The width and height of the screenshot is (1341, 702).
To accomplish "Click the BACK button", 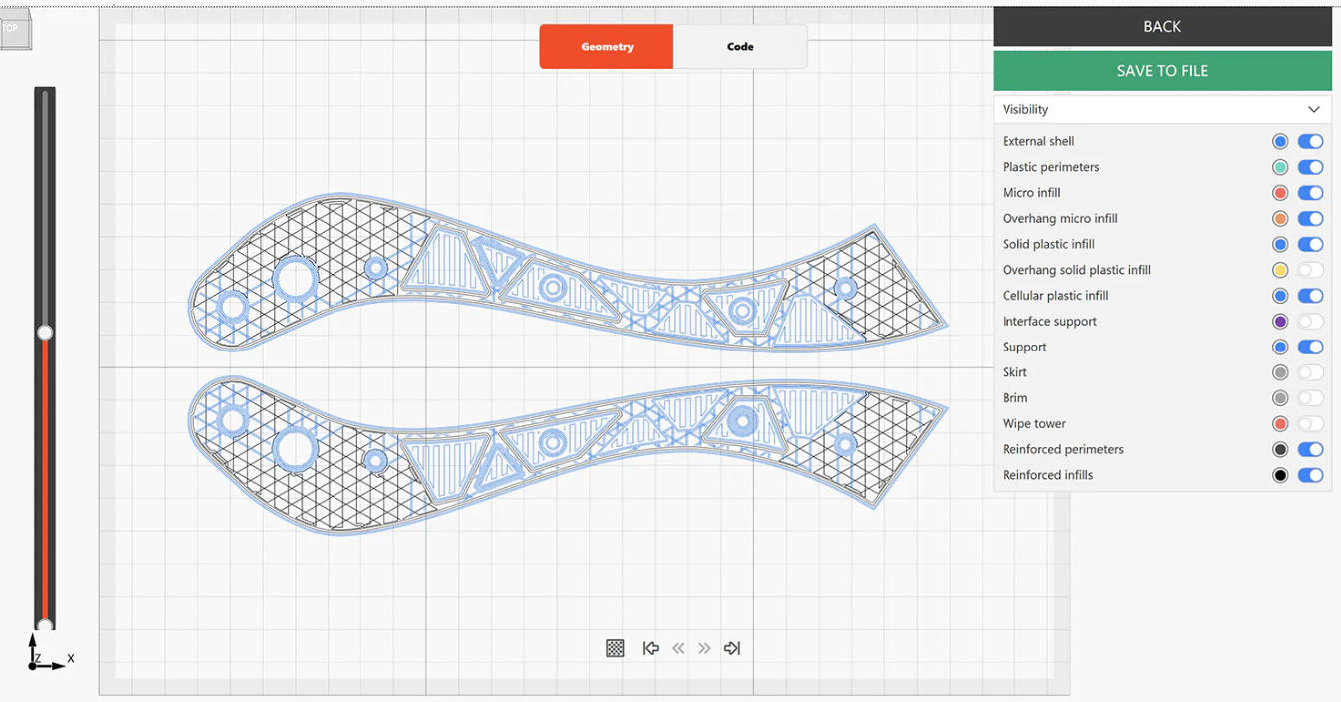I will tap(1161, 27).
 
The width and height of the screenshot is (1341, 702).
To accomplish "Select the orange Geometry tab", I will tap(607, 47).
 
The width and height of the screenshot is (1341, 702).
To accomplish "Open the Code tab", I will tap(740, 47).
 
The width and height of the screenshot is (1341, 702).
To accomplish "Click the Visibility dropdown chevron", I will tap(1313, 109).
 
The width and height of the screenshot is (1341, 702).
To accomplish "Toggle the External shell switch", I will tap(1310, 142).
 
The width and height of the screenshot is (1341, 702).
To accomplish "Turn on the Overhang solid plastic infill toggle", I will tap(1310, 270).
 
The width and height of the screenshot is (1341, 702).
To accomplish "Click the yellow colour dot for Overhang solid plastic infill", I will tap(1280, 270).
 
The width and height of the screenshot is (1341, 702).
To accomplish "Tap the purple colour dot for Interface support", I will tap(1280, 322).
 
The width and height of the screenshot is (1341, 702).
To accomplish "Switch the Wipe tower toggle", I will tap(1310, 424).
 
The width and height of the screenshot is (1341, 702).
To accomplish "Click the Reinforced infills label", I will tap(1047, 475).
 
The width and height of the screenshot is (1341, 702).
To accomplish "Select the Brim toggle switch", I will tap(1310, 398).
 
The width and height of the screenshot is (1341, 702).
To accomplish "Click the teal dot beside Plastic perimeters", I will tap(1280, 167).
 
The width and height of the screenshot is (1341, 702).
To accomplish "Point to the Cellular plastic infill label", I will tap(1055, 296).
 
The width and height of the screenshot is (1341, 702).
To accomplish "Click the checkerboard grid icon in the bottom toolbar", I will tap(615, 648).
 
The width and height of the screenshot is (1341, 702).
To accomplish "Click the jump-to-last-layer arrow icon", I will tap(732, 648).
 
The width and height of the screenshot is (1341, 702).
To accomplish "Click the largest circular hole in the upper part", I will tap(296, 278).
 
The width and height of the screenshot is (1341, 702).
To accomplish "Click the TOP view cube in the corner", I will tap(15, 30).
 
